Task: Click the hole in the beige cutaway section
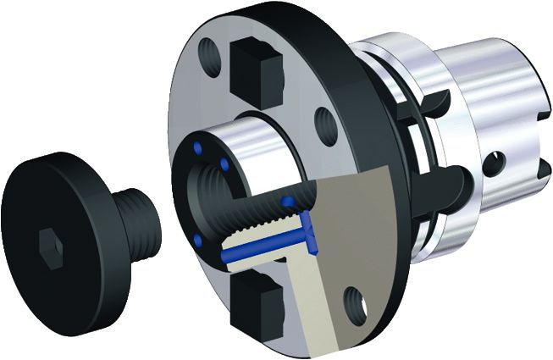point(356,300)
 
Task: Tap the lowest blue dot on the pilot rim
point(197,241)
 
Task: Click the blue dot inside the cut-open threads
point(289,202)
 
